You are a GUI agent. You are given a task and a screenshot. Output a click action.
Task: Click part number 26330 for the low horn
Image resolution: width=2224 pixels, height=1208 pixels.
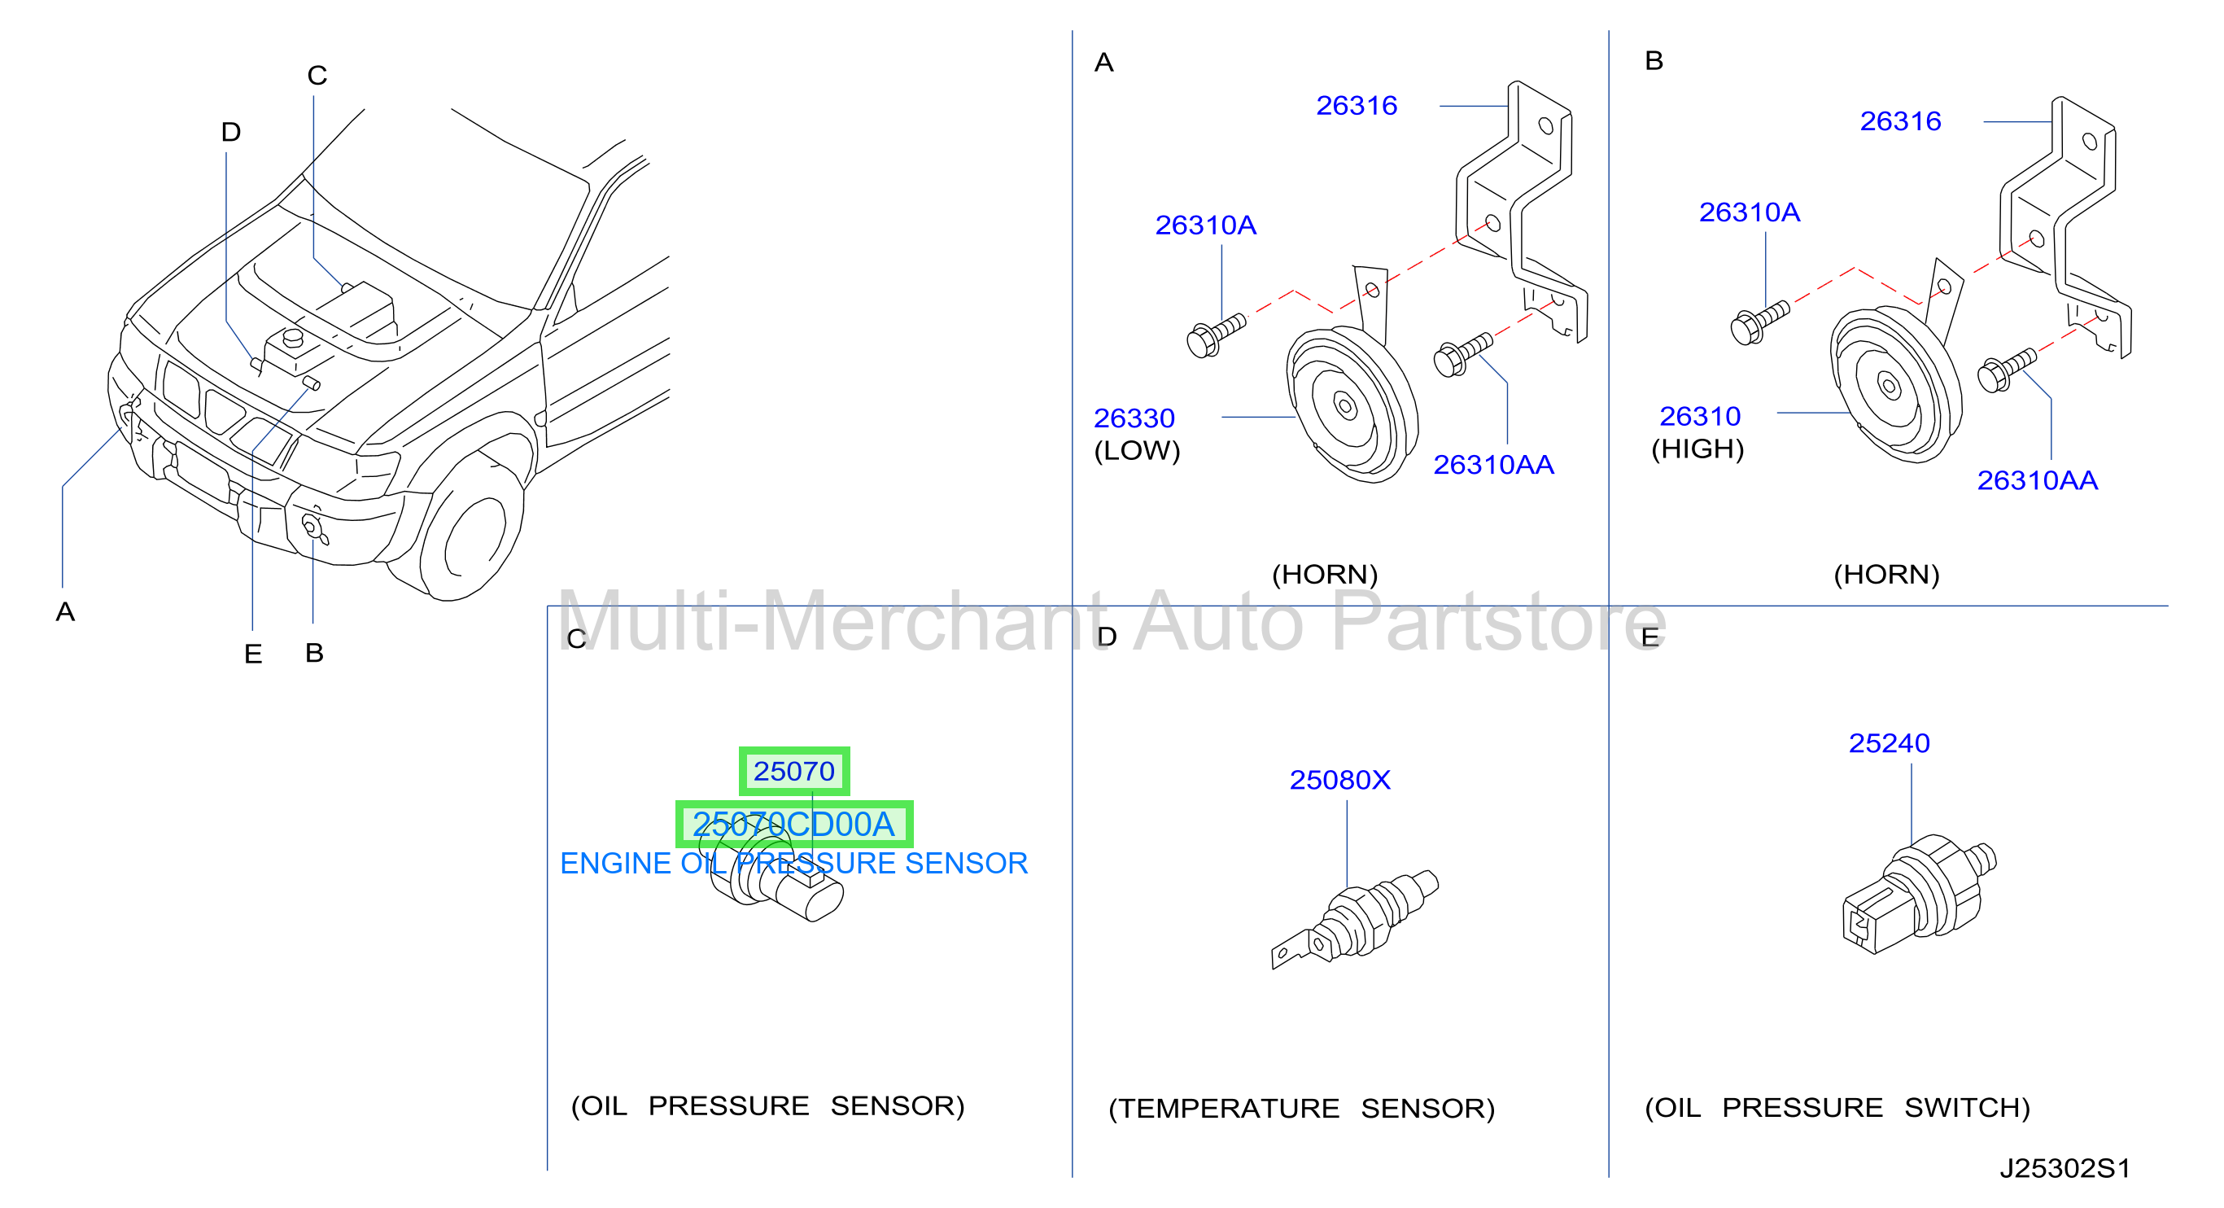click(1134, 418)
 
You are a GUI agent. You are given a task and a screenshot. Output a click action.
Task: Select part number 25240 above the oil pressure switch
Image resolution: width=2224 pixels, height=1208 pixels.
click(1889, 742)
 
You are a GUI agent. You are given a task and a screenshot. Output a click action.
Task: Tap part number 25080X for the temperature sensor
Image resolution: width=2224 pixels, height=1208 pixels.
click(1340, 780)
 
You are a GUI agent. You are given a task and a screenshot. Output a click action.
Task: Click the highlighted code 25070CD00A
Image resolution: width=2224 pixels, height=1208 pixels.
click(793, 824)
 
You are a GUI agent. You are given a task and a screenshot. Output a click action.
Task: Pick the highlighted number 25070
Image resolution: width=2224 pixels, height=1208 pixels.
click(794, 771)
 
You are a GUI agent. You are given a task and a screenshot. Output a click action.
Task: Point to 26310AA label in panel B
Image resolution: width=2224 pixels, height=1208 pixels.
click(2038, 480)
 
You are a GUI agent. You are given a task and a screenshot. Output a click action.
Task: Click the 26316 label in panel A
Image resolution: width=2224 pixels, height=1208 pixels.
click(1357, 105)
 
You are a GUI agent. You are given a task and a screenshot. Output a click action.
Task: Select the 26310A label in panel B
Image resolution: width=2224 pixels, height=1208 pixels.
click(1749, 212)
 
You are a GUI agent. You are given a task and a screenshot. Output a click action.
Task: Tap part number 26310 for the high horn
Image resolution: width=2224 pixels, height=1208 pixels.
click(1700, 416)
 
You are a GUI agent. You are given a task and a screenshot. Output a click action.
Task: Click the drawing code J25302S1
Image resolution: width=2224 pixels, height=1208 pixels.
click(2065, 1168)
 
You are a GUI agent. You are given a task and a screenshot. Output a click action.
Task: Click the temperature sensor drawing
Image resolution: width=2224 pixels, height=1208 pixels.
click(1355, 919)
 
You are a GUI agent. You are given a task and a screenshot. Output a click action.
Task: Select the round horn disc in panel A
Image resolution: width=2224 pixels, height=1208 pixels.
click(1351, 404)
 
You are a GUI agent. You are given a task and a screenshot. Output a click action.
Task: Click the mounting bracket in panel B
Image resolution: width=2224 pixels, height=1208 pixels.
click(2065, 226)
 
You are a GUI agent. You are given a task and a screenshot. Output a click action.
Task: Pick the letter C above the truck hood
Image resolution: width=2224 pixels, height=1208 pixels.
click(317, 75)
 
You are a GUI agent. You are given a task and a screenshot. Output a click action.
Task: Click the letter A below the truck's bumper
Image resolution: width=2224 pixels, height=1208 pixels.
click(65, 611)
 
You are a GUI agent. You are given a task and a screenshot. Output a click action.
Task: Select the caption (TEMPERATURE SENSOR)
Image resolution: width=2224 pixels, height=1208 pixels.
click(1301, 1108)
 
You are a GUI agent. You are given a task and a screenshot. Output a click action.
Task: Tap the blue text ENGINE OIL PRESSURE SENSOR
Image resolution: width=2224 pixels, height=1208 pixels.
click(793, 863)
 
